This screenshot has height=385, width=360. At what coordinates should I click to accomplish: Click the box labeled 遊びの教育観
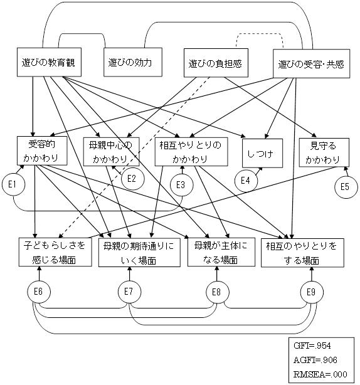pyautogui.click(x=49, y=62)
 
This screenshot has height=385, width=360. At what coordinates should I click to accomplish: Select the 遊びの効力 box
pyautogui.click(x=133, y=62)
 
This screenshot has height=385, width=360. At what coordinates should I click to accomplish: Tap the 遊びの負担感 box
pyautogui.click(x=216, y=63)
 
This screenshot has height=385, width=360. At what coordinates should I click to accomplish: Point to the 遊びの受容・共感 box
pyautogui.click(x=311, y=63)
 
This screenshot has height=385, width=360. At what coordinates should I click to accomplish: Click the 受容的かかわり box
pyautogui.click(x=42, y=150)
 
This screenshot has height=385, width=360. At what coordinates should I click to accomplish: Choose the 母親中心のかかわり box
pyautogui.click(x=111, y=152)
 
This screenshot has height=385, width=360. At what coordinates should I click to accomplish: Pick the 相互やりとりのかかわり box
pyautogui.click(x=191, y=152)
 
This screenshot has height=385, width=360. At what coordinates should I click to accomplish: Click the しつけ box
pyautogui.click(x=262, y=153)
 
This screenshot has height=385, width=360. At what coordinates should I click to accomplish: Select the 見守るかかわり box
pyautogui.click(x=324, y=152)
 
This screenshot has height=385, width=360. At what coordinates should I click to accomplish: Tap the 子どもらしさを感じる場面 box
pyautogui.click(x=55, y=252)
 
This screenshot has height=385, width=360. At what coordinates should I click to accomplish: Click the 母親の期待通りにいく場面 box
pyautogui.click(x=139, y=253)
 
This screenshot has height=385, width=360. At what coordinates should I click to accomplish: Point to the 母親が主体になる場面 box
pyautogui.click(x=221, y=252)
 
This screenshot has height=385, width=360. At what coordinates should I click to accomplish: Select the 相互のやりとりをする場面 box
pyautogui.click(x=302, y=253)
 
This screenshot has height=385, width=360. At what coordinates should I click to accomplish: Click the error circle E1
pyautogui.click(x=14, y=184)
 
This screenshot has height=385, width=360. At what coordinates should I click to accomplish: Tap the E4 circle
pyautogui.click(x=246, y=181)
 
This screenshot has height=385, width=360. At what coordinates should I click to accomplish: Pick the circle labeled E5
pyautogui.click(x=346, y=187)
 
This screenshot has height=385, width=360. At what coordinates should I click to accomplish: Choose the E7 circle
pyautogui.click(x=129, y=292)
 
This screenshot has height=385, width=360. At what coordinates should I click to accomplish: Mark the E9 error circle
pyautogui.click(x=312, y=292)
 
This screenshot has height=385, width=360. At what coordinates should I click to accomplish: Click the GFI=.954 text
pyautogui.click(x=312, y=345)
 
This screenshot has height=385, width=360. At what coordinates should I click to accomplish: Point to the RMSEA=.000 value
pyautogui.click(x=320, y=374)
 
